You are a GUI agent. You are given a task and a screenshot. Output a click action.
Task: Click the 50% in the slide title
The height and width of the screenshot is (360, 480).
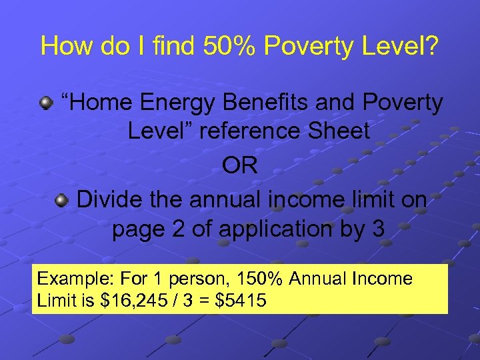(222, 46)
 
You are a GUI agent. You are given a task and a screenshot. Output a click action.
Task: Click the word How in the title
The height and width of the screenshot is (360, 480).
(63, 46)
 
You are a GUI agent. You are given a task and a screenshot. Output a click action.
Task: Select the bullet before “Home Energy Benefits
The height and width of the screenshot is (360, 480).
(46, 103)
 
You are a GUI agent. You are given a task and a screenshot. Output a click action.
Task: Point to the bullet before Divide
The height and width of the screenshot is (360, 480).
(62, 199)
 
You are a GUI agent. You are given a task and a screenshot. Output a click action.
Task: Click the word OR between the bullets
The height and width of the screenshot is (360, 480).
(240, 165)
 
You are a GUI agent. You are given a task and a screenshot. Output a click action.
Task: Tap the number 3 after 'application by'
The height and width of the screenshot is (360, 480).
(378, 229)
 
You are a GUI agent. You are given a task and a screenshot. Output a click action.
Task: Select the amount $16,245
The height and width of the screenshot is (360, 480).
(134, 301)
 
